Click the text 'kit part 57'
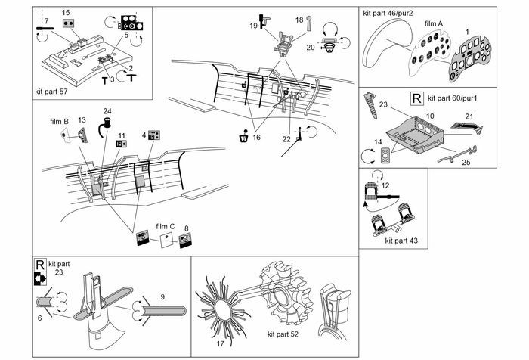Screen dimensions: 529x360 point(51,92)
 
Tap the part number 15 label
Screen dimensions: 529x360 point(66,13)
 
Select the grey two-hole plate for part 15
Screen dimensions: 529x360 point(69,23)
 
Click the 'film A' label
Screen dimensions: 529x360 point(434,23)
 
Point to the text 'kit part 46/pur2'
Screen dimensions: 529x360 point(388,13)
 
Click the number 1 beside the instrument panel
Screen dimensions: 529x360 point(467,32)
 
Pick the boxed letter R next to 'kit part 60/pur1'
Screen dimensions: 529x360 point(416,98)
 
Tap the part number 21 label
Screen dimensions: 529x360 point(469,116)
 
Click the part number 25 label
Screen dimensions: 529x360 point(466,163)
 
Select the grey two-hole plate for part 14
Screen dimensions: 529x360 point(385,155)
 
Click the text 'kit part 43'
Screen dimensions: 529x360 point(401,241)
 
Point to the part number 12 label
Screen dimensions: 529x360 point(385,186)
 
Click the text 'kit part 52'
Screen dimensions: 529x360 point(283,334)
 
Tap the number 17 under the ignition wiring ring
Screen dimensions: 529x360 point(221,344)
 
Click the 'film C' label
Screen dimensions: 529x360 point(166,227)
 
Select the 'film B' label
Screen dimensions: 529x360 point(60,122)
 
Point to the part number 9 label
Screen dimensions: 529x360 point(162,296)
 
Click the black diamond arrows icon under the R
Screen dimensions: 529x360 point(40,278)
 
